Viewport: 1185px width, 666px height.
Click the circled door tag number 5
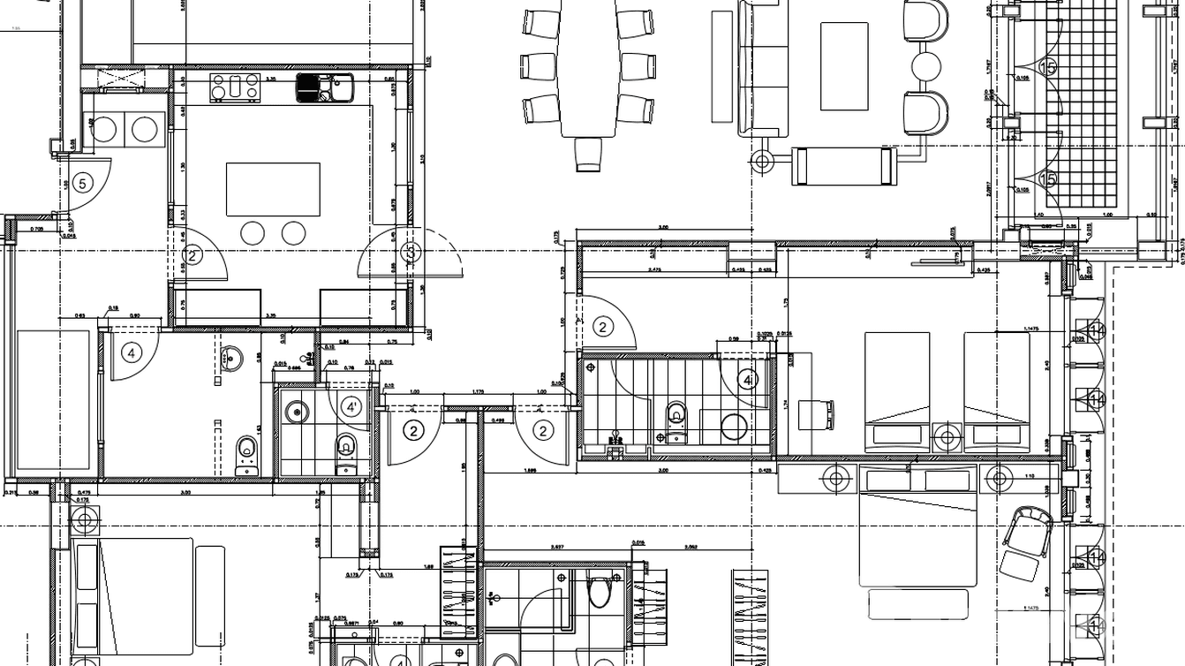click(x=82, y=184)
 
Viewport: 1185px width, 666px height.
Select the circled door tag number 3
click(x=411, y=253)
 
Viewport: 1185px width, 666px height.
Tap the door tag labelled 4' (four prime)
click(x=352, y=408)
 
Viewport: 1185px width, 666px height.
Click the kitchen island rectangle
click(x=273, y=189)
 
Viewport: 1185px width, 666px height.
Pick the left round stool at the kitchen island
click(x=253, y=233)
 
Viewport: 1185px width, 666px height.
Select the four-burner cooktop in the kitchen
click(x=235, y=87)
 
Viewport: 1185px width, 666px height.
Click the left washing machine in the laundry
click(x=105, y=130)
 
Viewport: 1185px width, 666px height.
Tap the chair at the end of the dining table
click(x=588, y=154)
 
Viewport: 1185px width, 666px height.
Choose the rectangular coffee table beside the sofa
click(x=844, y=66)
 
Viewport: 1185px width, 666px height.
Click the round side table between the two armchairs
click(x=926, y=66)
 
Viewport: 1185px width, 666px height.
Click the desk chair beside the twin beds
click(x=815, y=413)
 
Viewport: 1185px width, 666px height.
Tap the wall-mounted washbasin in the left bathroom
click(x=233, y=358)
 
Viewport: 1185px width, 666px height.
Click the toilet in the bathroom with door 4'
click(x=346, y=444)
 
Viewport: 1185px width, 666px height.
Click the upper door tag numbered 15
click(x=1048, y=67)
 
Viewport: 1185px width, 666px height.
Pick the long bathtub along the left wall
click(x=55, y=400)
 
